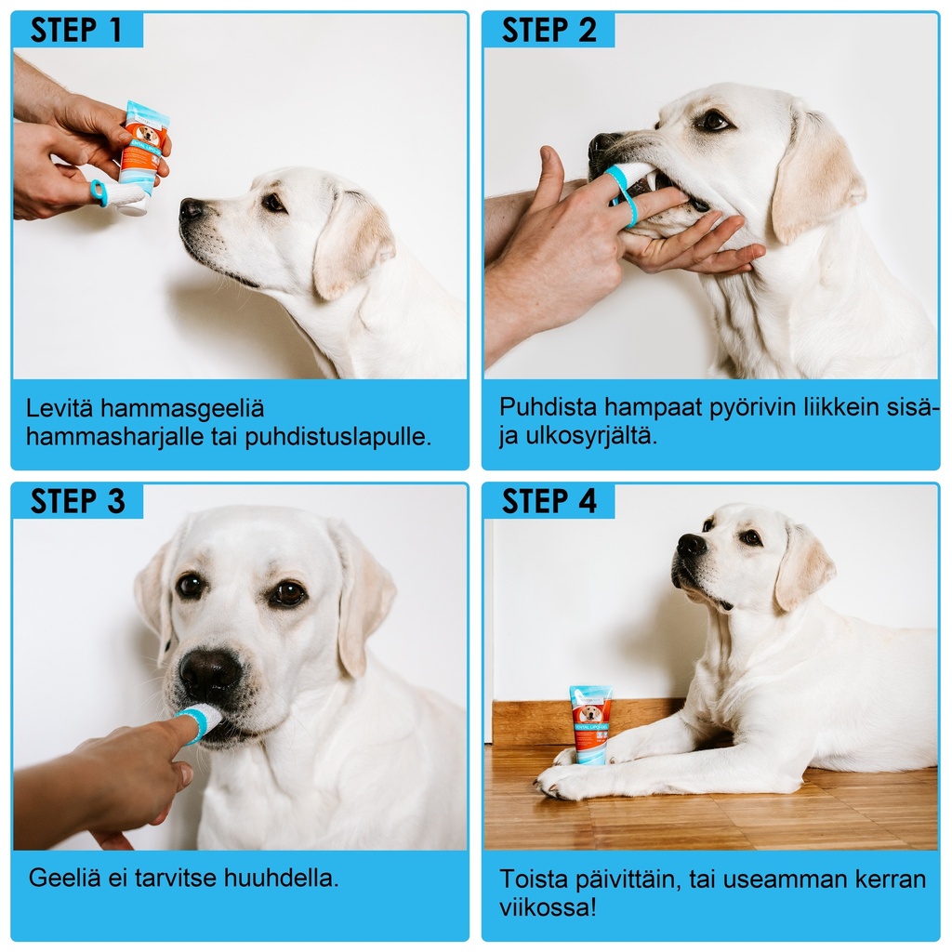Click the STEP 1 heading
pyautogui.click(x=76, y=30)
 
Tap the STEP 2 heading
pyautogui.click(x=549, y=30)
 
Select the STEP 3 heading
pyautogui.click(x=78, y=501)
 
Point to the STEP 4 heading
pyautogui.click(x=549, y=501)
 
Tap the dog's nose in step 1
pyautogui.click(x=192, y=209)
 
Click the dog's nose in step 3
pyautogui.click(x=210, y=673)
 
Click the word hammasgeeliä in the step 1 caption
pyautogui.click(x=182, y=409)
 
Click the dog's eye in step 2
pyautogui.click(x=713, y=121)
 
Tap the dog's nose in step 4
pyautogui.click(x=691, y=544)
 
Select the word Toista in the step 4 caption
pyautogui.click(x=533, y=879)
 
